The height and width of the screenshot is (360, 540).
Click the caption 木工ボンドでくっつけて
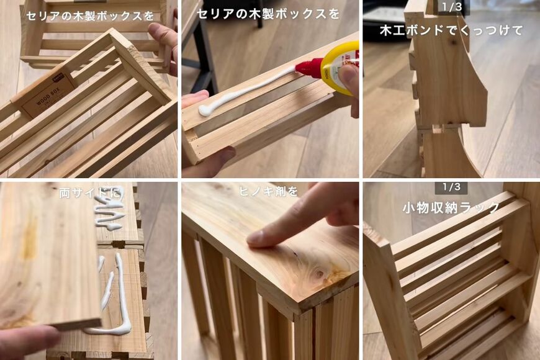click(x=451, y=30)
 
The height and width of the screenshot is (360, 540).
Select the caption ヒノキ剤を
click(x=268, y=192)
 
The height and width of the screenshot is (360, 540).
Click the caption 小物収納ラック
click(x=451, y=208)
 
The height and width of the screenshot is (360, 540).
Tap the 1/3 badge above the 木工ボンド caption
click(x=451, y=7)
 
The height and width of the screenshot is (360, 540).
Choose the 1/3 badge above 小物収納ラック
click(x=451, y=187)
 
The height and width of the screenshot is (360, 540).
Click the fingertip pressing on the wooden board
click(x=258, y=236)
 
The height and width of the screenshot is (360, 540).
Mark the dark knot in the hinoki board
click(x=320, y=273)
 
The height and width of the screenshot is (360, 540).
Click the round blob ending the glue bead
click(x=204, y=110)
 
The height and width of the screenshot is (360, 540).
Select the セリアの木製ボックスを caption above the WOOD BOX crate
click(x=89, y=16)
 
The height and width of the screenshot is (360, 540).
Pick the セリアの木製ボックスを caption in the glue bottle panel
click(x=268, y=13)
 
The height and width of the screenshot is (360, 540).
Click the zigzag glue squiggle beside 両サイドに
click(x=110, y=214)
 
